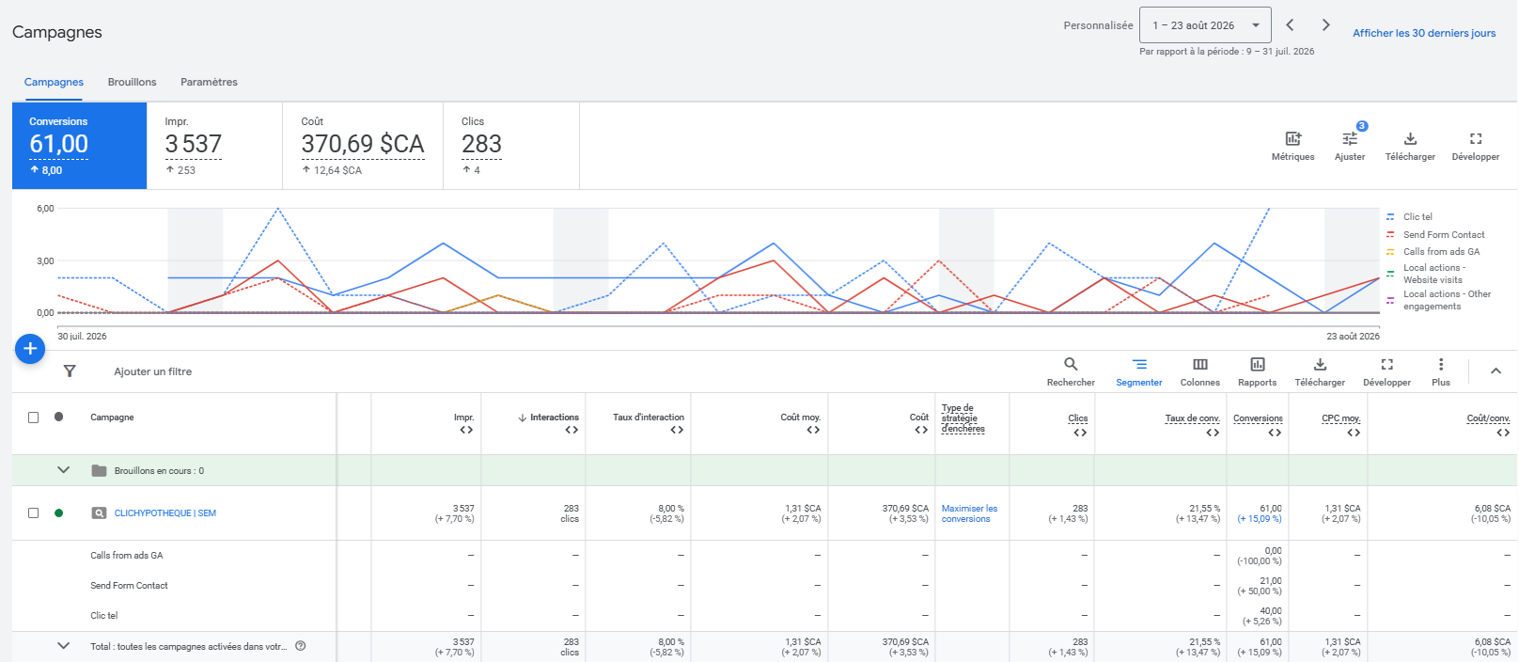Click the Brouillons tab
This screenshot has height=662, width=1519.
pyautogui.click(x=132, y=82)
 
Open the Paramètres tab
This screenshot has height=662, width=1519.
pyautogui.click(x=209, y=82)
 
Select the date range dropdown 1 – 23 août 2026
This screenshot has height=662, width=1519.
pyautogui.click(x=1205, y=25)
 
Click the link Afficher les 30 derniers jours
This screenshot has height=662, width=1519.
pyautogui.click(x=1424, y=33)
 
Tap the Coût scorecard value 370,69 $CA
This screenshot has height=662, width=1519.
pyautogui.click(x=363, y=144)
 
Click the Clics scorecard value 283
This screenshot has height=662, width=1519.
pyautogui.click(x=481, y=144)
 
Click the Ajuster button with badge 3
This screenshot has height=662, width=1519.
pyautogui.click(x=1350, y=145)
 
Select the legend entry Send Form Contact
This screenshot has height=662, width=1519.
pyautogui.click(x=1444, y=235)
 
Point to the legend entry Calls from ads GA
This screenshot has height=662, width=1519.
pyautogui.click(x=1441, y=252)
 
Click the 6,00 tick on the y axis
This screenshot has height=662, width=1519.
pyautogui.click(x=45, y=208)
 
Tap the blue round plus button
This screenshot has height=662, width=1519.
pyautogui.click(x=30, y=349)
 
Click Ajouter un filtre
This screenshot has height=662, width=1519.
pyautogui.click(x=152, y=371)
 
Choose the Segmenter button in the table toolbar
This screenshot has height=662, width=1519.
pyautogui.click(x=1138, y=372)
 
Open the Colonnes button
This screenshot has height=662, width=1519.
pyautogui.click(x=1199, y=372)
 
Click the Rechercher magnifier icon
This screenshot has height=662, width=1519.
pyautogui.click(x=1071, y=364)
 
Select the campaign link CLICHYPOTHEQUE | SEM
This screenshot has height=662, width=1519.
pyautogui.click(x=164, y=513)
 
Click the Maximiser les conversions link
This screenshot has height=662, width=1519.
pyautogui.click(x=969, y=513)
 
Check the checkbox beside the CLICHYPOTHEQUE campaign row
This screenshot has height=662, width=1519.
pyautogui.click(x=33, y=512)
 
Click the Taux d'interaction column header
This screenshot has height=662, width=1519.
pyautogui.click(x=649, y=418)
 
